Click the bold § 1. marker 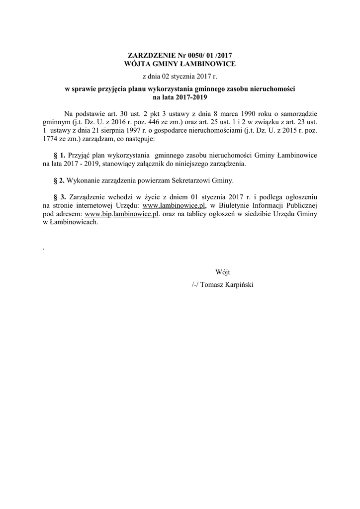[x=59, y=156]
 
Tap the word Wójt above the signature [x=223, y=272]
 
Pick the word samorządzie [x=298, y=113]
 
